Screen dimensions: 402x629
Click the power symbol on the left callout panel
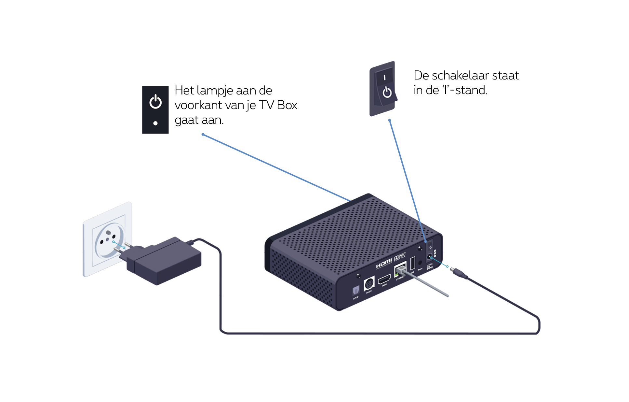(155, 102)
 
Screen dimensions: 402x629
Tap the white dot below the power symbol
(155, 123)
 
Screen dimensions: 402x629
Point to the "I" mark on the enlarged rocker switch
(384, 78)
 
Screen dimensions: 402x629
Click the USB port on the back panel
(413, 263)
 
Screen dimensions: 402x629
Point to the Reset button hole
(420, 263)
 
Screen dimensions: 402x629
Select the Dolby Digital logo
(400, 257)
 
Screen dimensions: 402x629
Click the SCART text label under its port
(369, 292)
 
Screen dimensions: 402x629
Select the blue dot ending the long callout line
(203, 135)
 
